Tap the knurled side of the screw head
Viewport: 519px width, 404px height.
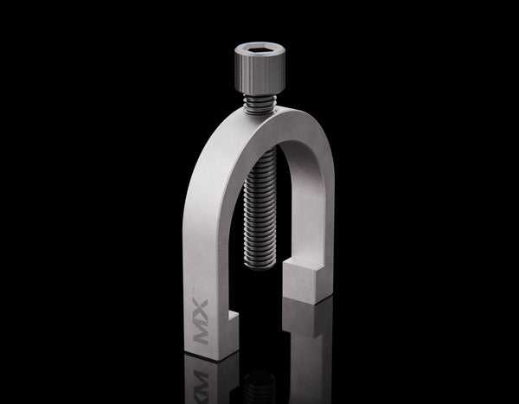[x=255, y=78]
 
